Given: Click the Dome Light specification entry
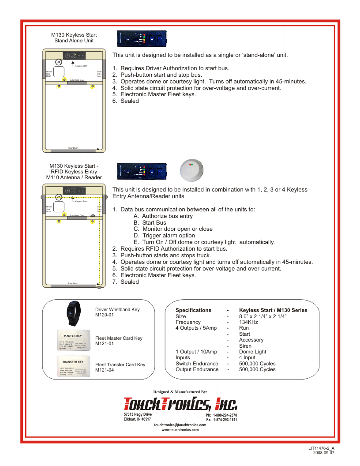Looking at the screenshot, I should pyautogui.click(x=252, y=352).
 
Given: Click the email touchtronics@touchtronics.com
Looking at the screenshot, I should pyautogui.click(x=180, y=425).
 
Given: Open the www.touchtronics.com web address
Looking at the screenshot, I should pyautogui.click(x=180, y=429).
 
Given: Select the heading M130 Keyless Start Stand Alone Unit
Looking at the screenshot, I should pyautogui.click(x=74, y=38).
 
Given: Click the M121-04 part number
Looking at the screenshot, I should pyautogui.click(x=105, y=370).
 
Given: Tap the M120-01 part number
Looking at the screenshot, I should pyautogui.click(x=105, y=316).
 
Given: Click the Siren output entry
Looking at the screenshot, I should pyautogui.click(x=245, y=346).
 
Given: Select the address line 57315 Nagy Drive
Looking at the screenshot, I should pyautogui.click(x=138, y=415).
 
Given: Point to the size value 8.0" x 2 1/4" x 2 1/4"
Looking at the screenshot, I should pyautogui.click(x=262, y=316).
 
